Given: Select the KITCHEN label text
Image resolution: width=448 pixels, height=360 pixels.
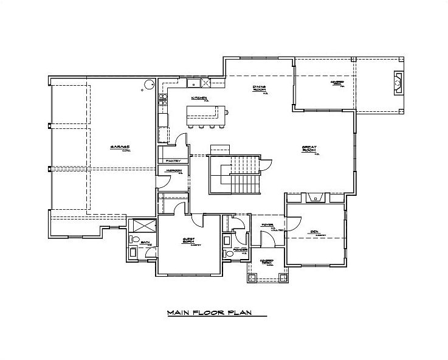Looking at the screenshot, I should (199, 99).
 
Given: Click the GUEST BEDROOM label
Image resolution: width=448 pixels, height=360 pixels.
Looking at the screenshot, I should (188, 241).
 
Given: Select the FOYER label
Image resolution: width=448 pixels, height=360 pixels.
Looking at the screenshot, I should (267, 225).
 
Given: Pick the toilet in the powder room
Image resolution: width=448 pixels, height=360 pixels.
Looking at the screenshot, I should (227, 253).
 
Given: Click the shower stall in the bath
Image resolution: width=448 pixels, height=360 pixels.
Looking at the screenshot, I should (141, 223).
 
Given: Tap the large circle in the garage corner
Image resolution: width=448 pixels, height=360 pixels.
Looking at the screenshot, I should (148, 85).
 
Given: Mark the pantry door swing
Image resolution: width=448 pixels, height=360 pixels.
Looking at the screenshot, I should (180, 140).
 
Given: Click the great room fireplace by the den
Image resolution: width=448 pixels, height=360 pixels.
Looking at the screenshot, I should (315, 197).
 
